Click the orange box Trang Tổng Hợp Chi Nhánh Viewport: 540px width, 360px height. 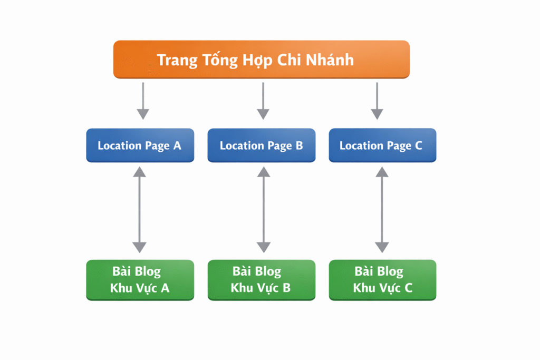[x=262, y=60]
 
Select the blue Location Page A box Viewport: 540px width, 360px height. [x=140, y=145]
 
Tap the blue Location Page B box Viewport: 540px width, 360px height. [x=262, y=145]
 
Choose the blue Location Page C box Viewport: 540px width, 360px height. [x=382, y=145]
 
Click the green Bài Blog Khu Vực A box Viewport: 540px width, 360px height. [x=140, y=280]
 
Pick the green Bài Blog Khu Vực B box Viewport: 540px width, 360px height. [x=262, y=280]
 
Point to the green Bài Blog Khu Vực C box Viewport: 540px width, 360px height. [x=382, y=280]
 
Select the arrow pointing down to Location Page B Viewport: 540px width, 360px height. [x=263, y=100]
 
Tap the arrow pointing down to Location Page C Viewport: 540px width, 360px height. [x=377, y=100]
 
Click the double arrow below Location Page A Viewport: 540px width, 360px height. [x=139, y=209]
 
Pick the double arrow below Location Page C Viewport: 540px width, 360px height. [x=382, y=209]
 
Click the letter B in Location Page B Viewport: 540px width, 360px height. [x=299, y=145]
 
